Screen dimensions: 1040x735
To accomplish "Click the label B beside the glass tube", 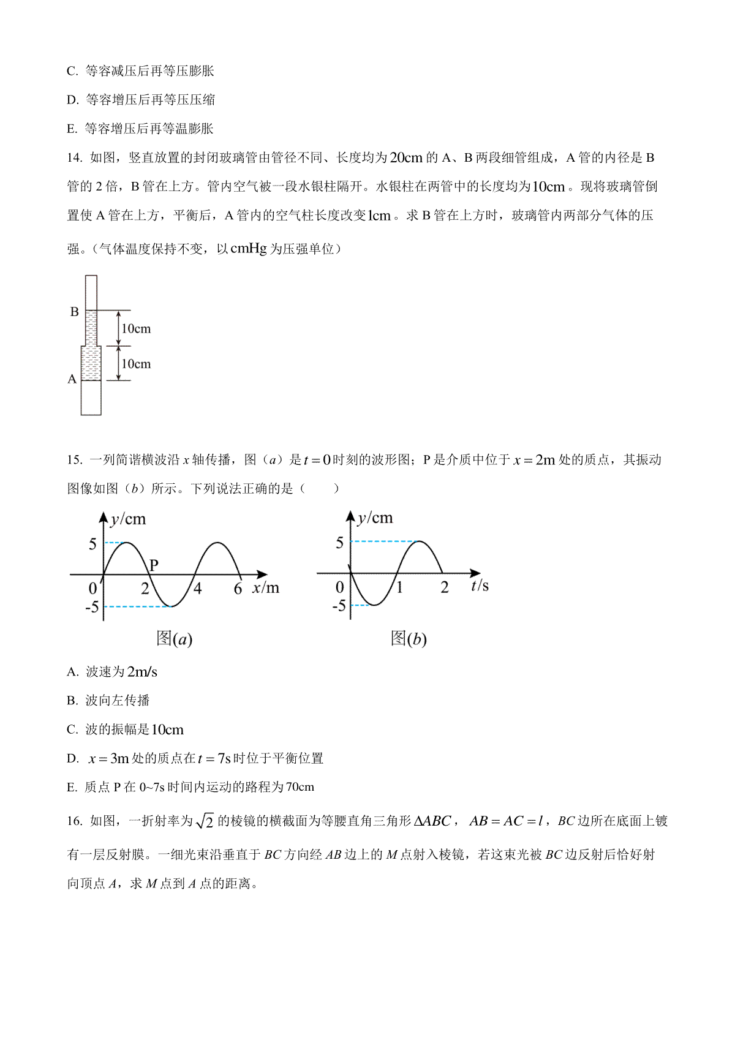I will point(75,312).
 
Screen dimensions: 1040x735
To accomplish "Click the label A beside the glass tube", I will point(72,379).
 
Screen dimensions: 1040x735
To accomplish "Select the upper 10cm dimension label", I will point(136,329).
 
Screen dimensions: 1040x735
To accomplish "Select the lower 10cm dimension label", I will point(136,364).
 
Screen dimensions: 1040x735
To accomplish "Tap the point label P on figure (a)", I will point(154,565).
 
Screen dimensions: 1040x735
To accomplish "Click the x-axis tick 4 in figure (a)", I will point(197,589).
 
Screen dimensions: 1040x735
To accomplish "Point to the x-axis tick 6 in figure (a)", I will point(238,589).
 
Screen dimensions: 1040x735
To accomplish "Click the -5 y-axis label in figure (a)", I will point(91,607).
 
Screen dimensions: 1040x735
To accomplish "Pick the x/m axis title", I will point(266,588).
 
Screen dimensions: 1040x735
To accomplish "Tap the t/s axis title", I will point(480,586).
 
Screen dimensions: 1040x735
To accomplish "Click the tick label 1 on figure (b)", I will point(399,588).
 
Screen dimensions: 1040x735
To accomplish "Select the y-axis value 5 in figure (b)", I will point(339,543).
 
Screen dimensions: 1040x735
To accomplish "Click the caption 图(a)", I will point(175,639).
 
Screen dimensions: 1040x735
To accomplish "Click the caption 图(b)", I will point(409,639).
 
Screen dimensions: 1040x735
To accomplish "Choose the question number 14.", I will point(75,158).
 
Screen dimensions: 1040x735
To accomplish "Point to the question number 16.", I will point(75,821).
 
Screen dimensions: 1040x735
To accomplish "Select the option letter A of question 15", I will point(73,673).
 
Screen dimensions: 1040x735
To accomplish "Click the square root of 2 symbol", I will point(205,821).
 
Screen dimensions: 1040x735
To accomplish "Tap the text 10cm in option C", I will point(167,730).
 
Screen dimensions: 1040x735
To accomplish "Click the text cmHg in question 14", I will point(249,249).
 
